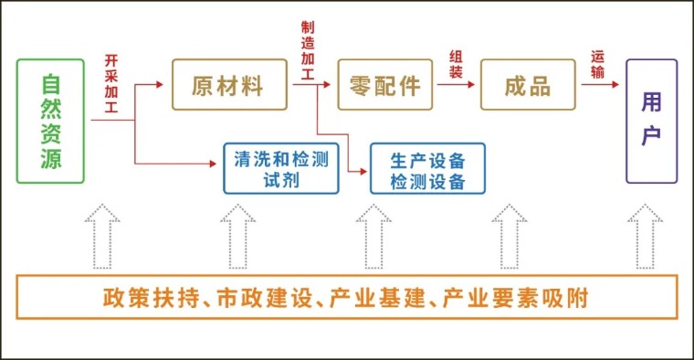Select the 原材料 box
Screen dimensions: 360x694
(227, 85)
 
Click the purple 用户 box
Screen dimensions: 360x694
(651, 121)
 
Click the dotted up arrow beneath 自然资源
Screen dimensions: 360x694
(101, 236)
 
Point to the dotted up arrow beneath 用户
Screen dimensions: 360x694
(645, 236)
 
